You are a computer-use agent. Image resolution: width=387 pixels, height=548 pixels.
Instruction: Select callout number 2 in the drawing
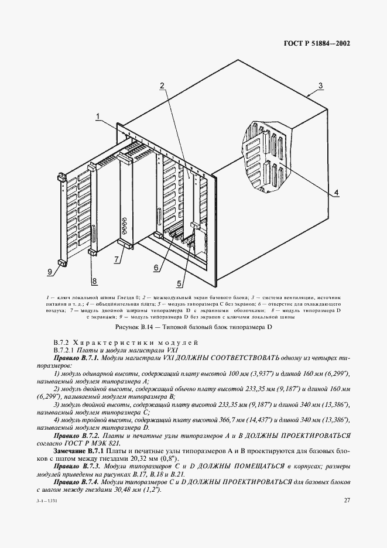[x=161, y=85]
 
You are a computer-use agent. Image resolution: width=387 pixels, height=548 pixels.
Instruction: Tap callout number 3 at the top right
[x=320, y=85]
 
